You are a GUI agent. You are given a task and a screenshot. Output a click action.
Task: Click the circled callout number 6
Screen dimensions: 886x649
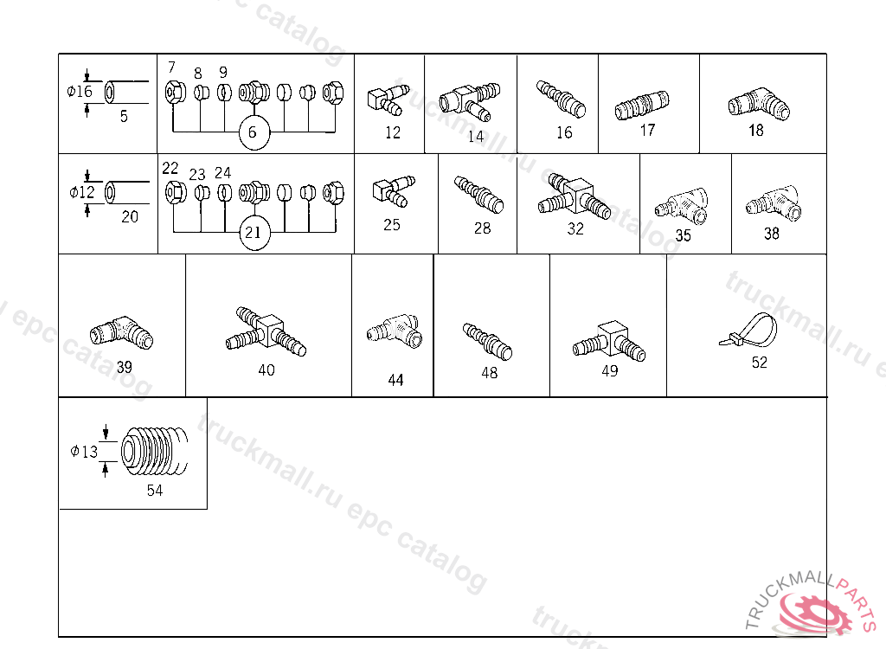click(253, 132)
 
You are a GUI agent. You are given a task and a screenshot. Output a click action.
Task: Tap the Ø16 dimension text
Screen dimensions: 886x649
click(80, 92)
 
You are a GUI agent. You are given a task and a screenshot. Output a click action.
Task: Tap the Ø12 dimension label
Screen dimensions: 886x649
click(82, 192)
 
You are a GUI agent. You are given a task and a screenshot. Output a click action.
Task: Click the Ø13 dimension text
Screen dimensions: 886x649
click(84, 451)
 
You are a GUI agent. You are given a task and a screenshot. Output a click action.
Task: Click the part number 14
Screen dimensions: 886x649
click(476, 135)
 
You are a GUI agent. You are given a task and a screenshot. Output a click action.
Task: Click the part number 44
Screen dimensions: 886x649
click(395, 380)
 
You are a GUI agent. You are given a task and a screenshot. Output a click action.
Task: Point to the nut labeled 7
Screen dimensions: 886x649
click(171, 90)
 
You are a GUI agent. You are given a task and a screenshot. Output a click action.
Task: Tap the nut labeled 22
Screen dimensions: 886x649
click(171, 190)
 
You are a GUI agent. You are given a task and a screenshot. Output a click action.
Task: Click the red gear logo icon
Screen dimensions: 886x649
click(813, 613)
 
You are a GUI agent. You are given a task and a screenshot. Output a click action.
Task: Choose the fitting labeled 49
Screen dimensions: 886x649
click(609, 343)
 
